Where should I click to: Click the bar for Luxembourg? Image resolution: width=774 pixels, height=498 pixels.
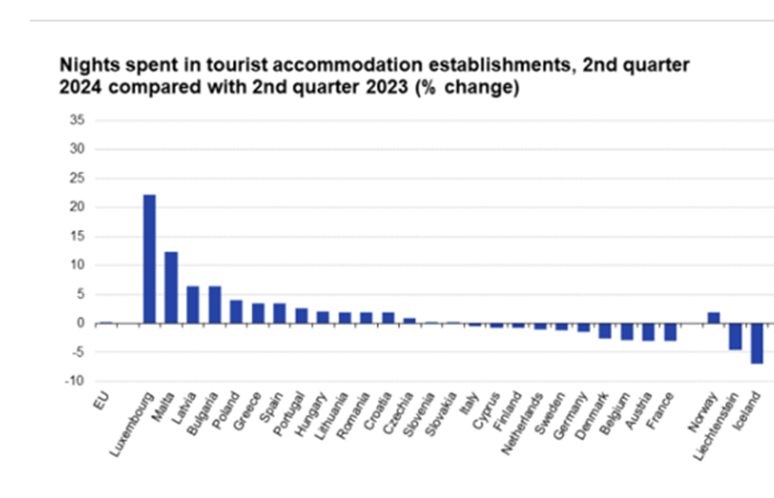[x=149, y=259]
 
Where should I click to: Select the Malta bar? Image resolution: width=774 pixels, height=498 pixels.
[x=171, y=287]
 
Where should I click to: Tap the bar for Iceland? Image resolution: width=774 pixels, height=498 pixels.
[x=756, y=343]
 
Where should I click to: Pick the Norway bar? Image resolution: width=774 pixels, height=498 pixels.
[x=712, y=318]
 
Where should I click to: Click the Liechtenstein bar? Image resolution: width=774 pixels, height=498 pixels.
[x=735, y=336]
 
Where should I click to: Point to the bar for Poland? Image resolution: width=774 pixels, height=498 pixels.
[x=237, y=311]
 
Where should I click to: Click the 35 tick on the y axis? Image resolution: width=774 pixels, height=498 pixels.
[x=76, y=119]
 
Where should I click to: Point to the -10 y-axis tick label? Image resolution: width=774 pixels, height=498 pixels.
[x=75, y=381]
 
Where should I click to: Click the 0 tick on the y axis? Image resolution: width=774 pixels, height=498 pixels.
[x=80, y=323]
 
